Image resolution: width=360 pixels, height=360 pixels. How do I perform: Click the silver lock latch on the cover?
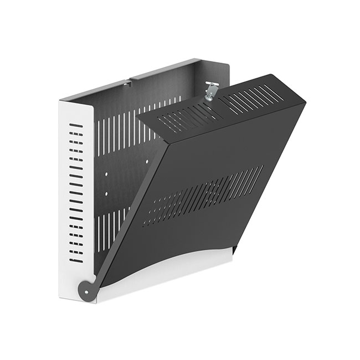(211, 90)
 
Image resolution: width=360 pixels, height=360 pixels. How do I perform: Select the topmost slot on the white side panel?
(76, 126)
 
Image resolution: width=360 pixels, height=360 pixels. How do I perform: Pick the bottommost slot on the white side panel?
(76, 260)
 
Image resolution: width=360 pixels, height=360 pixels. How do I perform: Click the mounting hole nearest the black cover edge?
(147, 162)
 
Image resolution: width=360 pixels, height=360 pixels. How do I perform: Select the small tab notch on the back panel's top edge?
(127, 84)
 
